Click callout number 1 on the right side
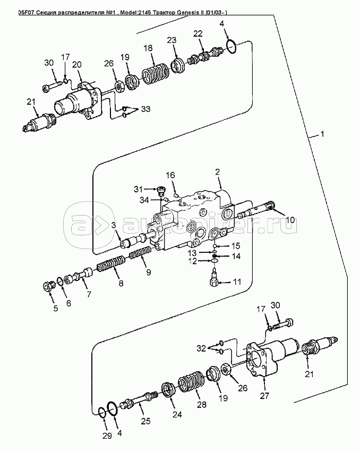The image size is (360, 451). (x=322, y=134)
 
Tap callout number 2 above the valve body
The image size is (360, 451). (x=217, y=172)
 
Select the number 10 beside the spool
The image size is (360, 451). (x=290, y=220)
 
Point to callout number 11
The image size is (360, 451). (x=237, y=282)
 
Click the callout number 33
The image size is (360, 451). (x=145, y=109)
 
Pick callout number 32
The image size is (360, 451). (x=201, y=348)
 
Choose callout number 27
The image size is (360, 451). (x=264, y=396)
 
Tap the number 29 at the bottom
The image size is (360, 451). (x=107, y=436)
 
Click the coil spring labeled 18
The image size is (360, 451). (x=155, y=74)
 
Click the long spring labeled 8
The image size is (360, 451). (x=111, y=264)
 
